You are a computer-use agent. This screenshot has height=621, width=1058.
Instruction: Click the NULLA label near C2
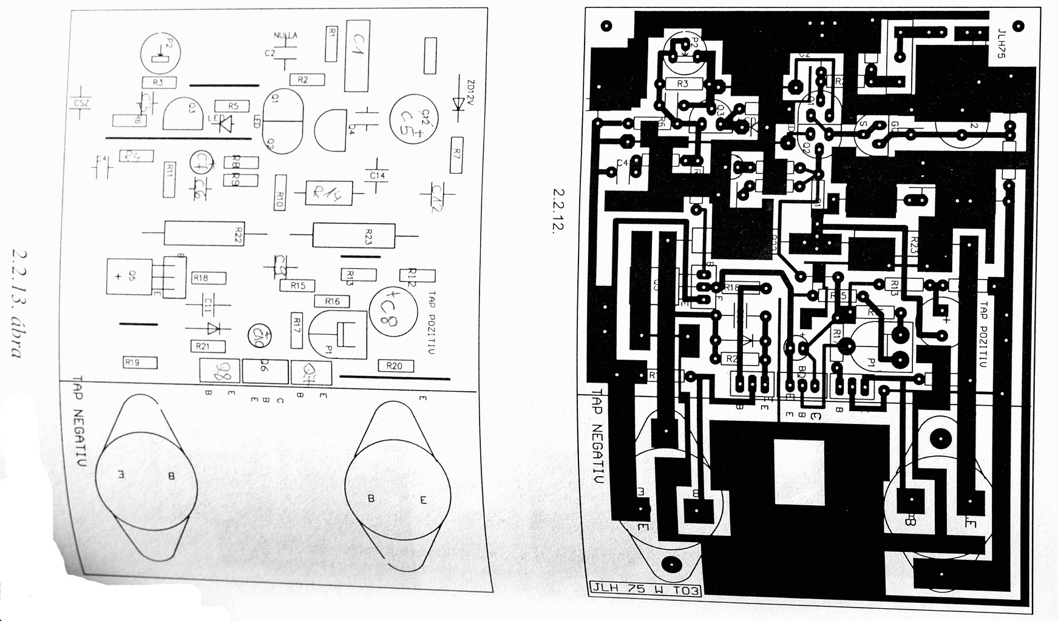(x=285, y=36)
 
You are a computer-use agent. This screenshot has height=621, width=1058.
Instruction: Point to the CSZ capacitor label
(x=81, y=104)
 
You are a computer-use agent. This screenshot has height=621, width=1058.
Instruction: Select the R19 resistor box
(x=140, y=363)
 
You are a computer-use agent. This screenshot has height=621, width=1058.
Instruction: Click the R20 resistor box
(x=395, y=366)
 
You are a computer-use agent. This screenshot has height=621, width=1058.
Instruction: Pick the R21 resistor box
(x=208, y=346)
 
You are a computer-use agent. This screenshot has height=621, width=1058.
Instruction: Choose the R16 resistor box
(x=332, y=301)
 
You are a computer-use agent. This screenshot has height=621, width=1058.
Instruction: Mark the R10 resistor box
(x=280, y=192)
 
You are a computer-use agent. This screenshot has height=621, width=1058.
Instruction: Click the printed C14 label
(x=377, y=176)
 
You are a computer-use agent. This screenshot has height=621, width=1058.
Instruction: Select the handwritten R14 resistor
(x=328, y=193)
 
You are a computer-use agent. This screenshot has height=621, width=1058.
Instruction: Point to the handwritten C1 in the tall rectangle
(x=357, y=56)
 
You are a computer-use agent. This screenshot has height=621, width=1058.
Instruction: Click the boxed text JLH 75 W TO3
(x=645, y=589)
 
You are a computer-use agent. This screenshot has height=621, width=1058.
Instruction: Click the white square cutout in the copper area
(x=799, y=472)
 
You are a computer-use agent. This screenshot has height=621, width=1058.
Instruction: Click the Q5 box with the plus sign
(x=129, y=277)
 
